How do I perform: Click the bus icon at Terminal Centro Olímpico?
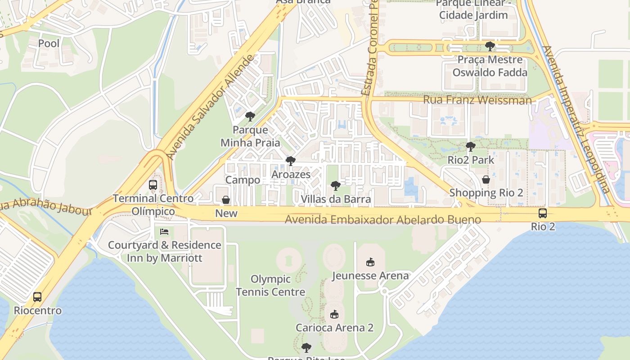coord(153,185)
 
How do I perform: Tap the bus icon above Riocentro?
coord(37,297)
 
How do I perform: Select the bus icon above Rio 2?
coord(543,213)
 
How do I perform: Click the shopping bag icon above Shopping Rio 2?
coord(486,180)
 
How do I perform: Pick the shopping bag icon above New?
coord(226,200)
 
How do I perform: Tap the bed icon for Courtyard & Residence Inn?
coord(164,232)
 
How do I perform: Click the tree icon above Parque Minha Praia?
coord(250,117)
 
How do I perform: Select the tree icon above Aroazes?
coord(291,161)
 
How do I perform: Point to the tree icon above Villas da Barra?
coord(335,185)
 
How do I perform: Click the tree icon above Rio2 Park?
coord(471,146)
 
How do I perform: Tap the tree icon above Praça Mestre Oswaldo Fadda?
coord(490,46)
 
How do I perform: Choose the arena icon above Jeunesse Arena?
coord(370,262)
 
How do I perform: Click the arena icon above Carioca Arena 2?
coord(334,314)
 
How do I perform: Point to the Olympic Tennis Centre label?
coord(270,285)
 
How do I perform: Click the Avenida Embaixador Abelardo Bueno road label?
coord(383,220)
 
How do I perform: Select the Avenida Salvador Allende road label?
coord(211,107)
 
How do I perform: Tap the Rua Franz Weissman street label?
coord(477,100)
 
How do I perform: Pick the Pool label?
coord(49,44)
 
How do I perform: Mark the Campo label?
coord(243,180)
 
